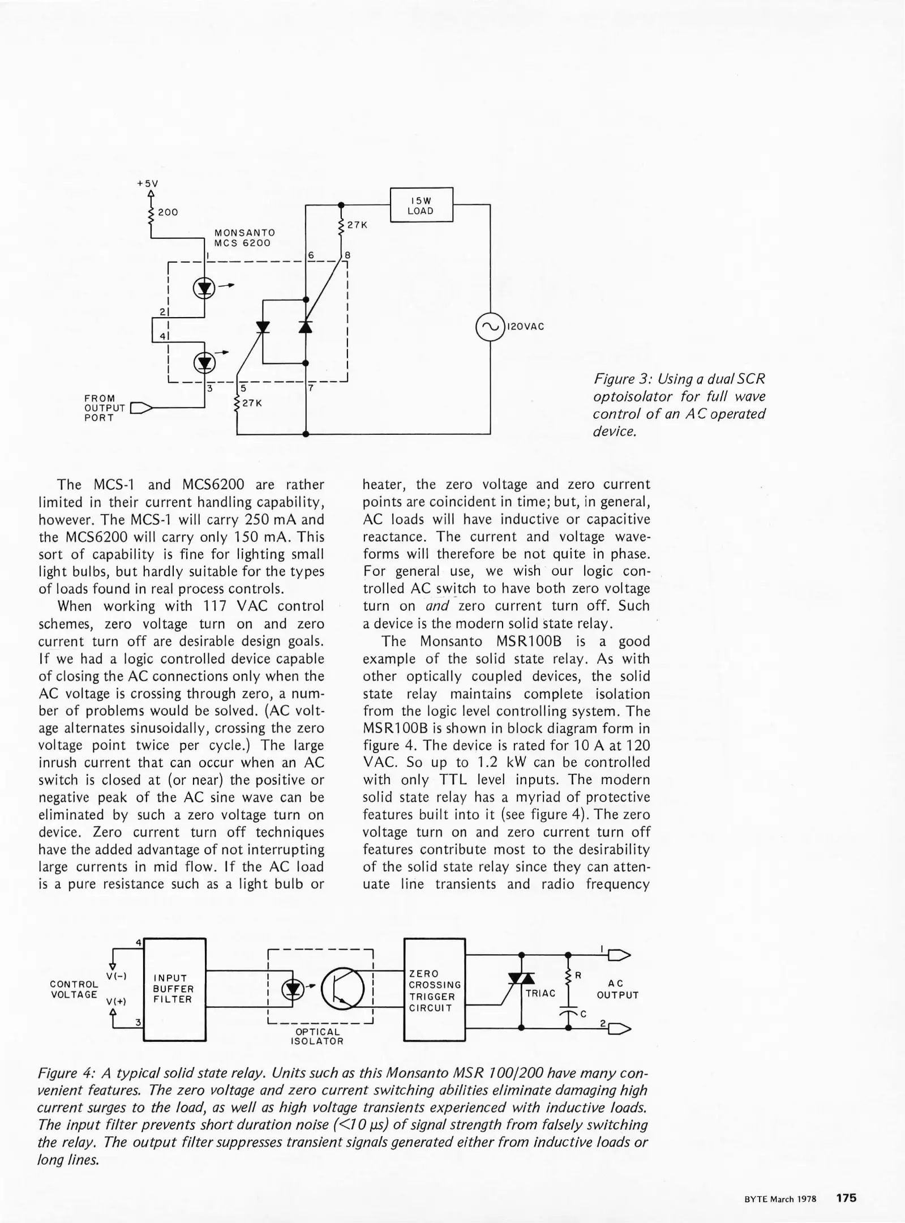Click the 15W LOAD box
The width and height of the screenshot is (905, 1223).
[x=422, y=205]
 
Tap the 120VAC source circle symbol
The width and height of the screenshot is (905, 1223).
[x=490, y=327]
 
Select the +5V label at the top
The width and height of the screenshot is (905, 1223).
[x=148, y=183]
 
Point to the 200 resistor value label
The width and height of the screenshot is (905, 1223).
[x=168, y=212]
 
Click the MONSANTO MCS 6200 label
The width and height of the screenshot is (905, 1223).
[x=245, y=238]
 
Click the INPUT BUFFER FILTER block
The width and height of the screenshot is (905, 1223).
[x=174, y=989]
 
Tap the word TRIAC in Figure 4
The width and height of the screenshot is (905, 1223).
[x=541, y=993]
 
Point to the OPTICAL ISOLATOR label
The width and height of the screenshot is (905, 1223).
[x=318, y=1036]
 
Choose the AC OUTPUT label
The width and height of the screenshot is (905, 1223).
[x=617, y=989]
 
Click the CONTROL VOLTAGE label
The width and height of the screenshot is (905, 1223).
[x=74, y=989]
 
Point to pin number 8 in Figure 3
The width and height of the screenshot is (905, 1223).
[x=348, y=255]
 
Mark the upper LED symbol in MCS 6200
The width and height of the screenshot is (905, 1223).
[x=204, y=289]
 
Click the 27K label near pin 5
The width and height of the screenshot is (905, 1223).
[x=252, y=403]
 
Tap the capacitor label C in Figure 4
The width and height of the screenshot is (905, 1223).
[x=584, y=1014]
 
